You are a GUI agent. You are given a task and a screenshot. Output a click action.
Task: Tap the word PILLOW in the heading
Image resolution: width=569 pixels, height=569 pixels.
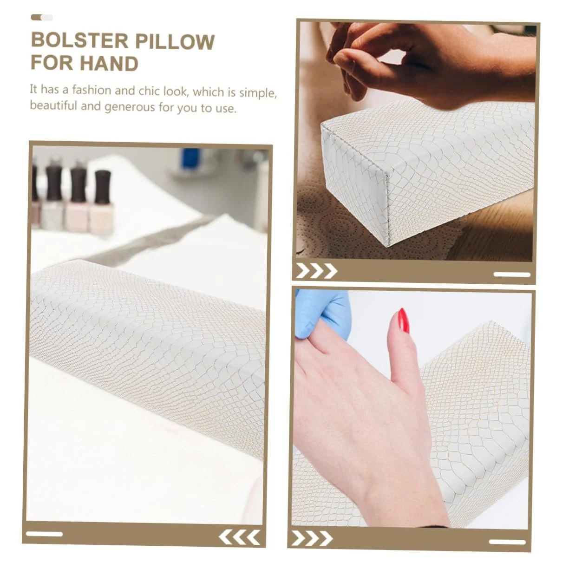[175, 42]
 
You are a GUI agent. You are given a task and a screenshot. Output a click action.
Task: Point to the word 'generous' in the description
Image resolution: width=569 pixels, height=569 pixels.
[129, 107]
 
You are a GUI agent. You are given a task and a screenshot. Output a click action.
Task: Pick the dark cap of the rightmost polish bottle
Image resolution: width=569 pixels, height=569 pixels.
[103, 187]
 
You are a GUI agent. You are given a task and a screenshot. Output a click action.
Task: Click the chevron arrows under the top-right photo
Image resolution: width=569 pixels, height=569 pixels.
[317, 271]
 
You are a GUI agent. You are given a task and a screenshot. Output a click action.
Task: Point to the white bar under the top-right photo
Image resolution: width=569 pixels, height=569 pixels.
[512, 275]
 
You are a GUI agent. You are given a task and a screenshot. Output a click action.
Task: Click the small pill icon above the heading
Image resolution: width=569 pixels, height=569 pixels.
[42, 18]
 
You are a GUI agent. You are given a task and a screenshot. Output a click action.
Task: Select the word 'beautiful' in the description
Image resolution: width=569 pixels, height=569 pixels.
[53, 105]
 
